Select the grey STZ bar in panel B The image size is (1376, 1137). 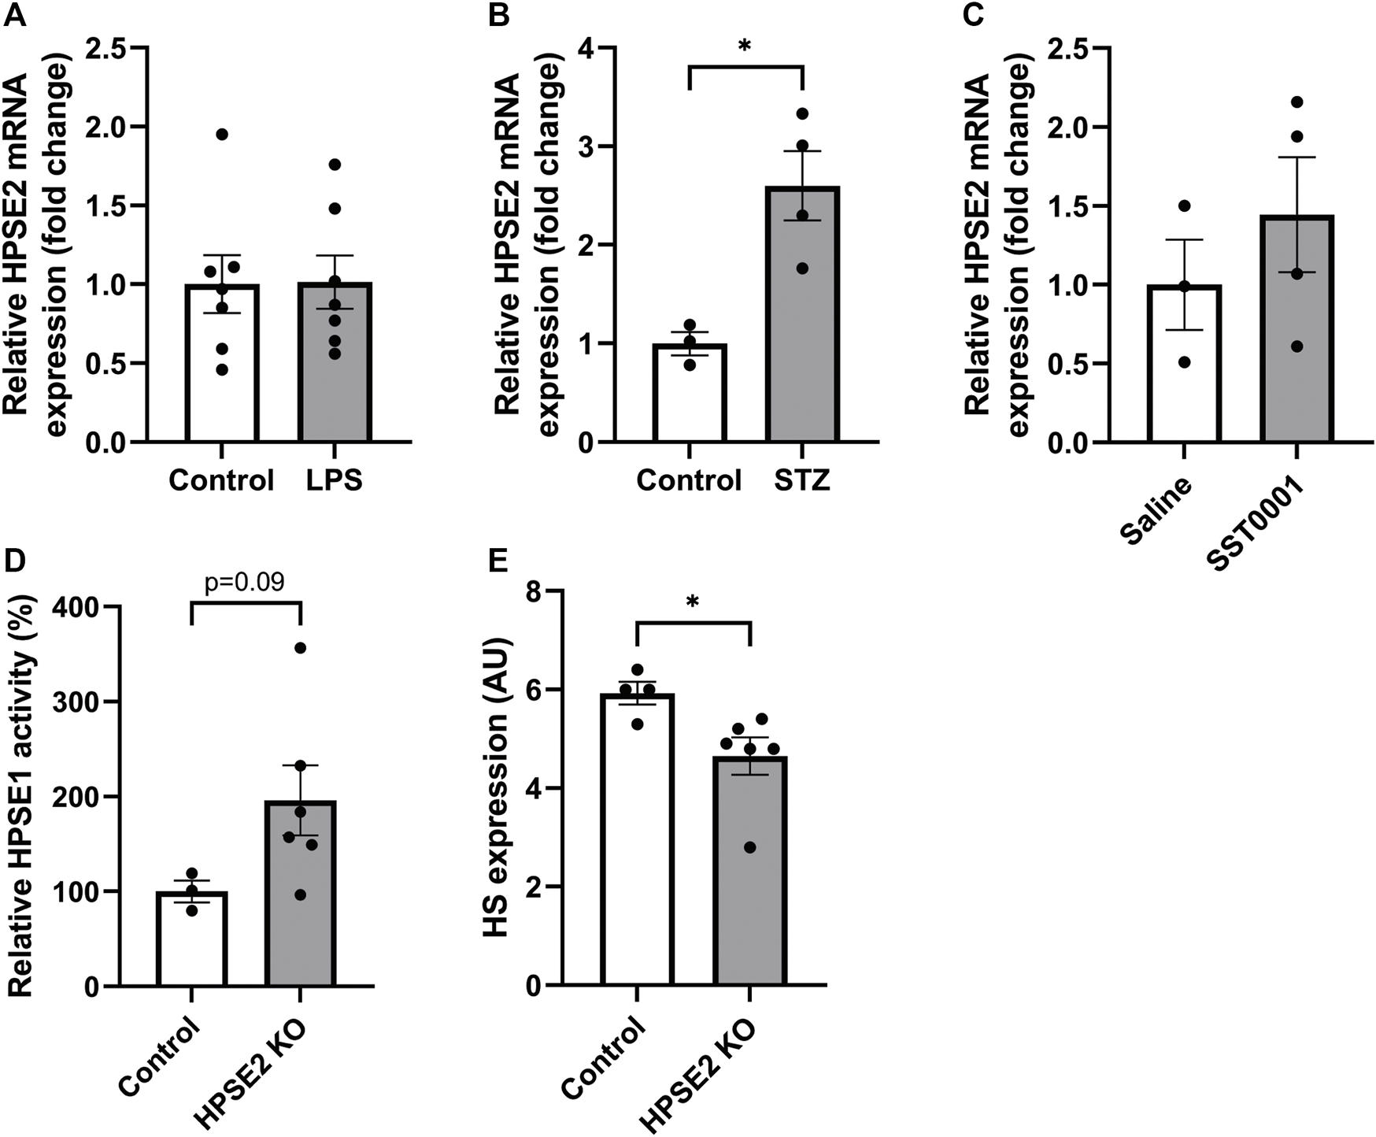(x=802, y=331)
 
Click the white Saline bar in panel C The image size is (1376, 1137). (x=1184, y=378)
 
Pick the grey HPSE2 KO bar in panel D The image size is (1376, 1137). (x=301, y=906)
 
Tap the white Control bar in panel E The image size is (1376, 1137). (x=638, y=850)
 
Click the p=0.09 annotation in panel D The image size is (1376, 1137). (x=245, y=582)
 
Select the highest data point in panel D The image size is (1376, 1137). (x=300, y=648)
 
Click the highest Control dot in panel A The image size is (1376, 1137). (x=222, y=135)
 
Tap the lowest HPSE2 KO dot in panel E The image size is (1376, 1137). (x=750, y=847)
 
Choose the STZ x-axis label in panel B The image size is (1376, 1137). (x=802, y=480)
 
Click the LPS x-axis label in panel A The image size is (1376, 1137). (x=335, y=480)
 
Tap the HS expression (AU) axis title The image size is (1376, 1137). (x=498, y=787)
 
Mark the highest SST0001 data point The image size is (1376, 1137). (x=1297, y=102)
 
